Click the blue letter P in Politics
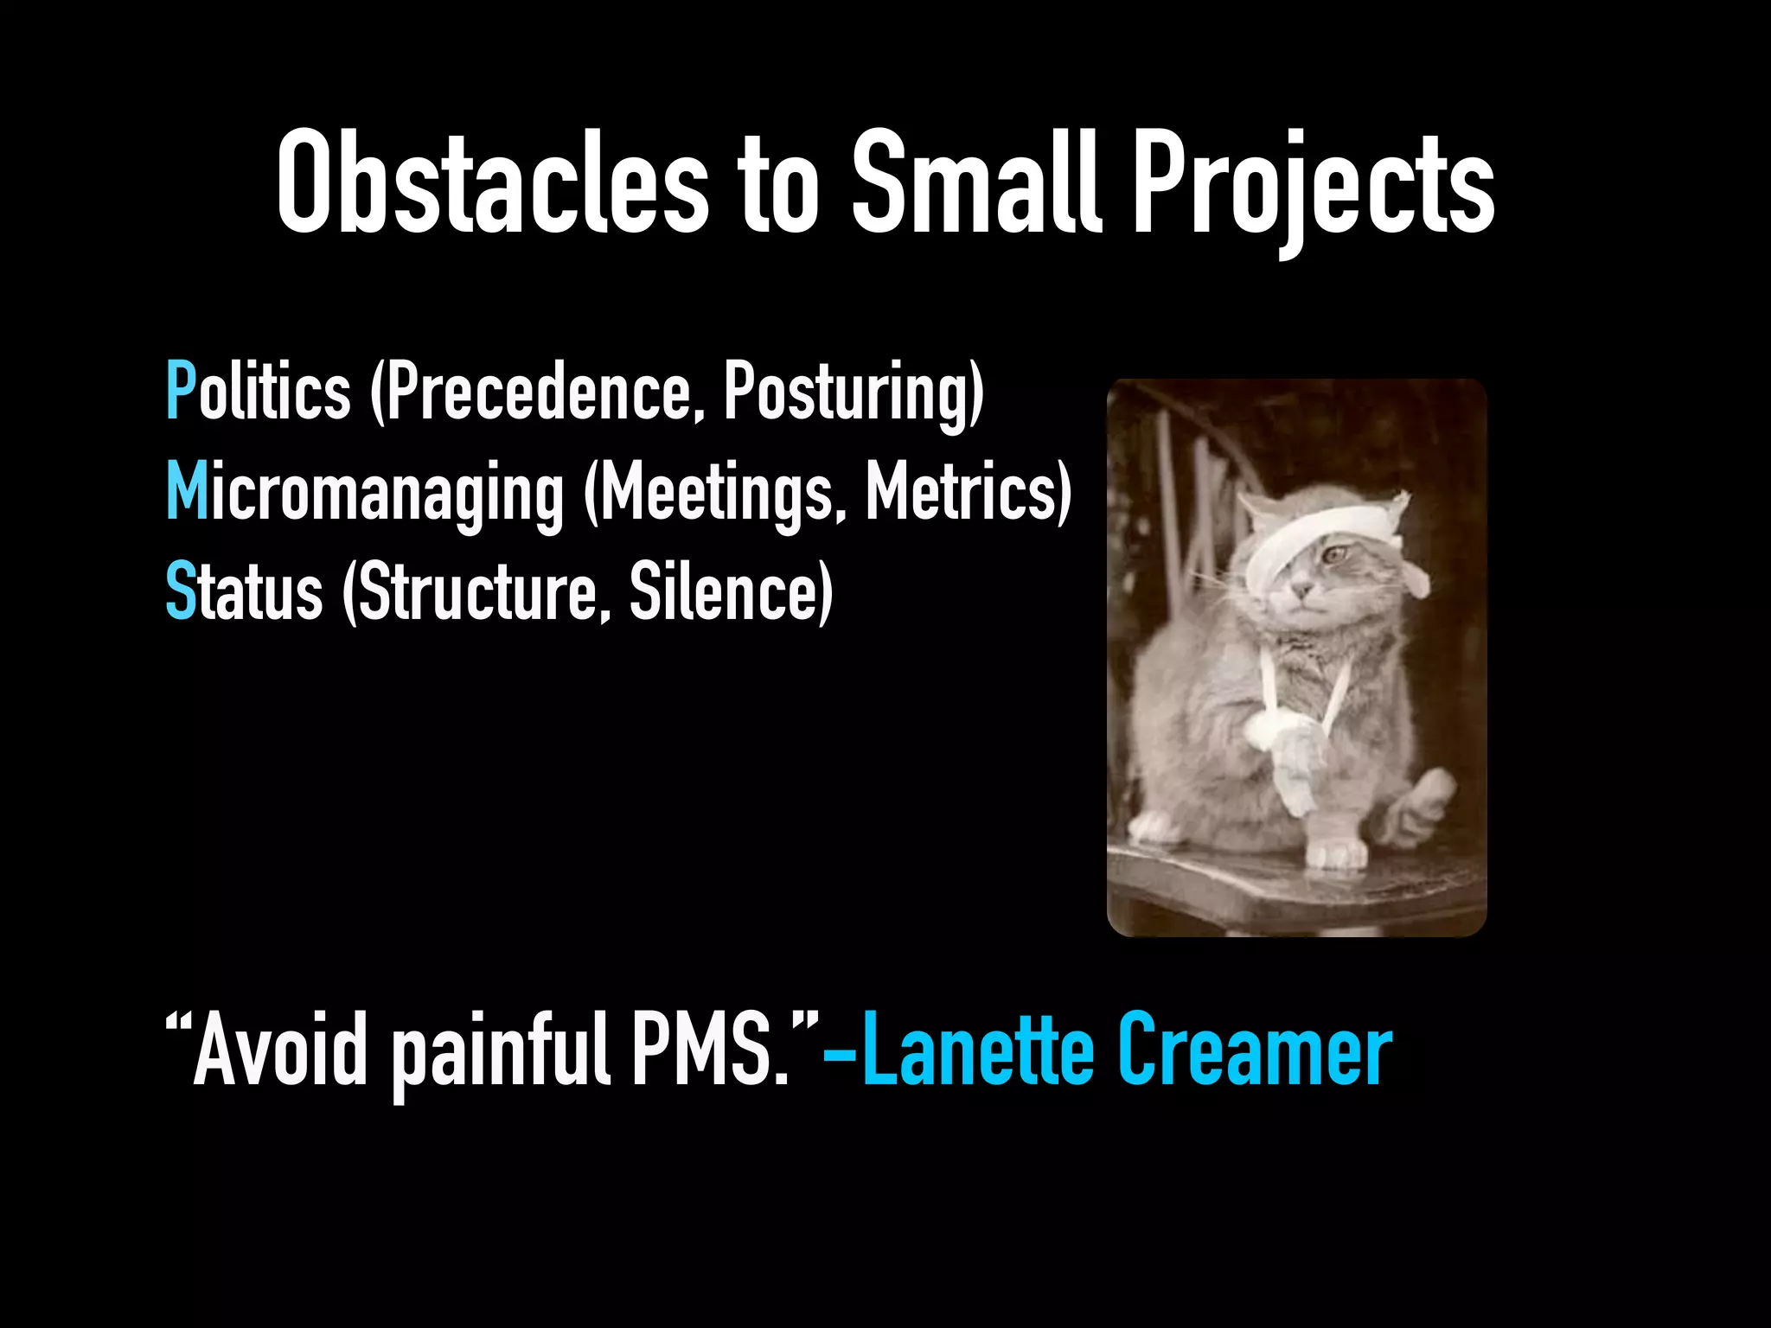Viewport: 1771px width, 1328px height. coord(181,392)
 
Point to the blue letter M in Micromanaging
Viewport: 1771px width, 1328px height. coord(187,491)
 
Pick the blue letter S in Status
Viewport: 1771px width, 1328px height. coord(180,591)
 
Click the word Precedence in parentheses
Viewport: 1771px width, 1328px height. coord(537,392)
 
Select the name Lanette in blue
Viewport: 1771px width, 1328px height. coord(979,1050)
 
